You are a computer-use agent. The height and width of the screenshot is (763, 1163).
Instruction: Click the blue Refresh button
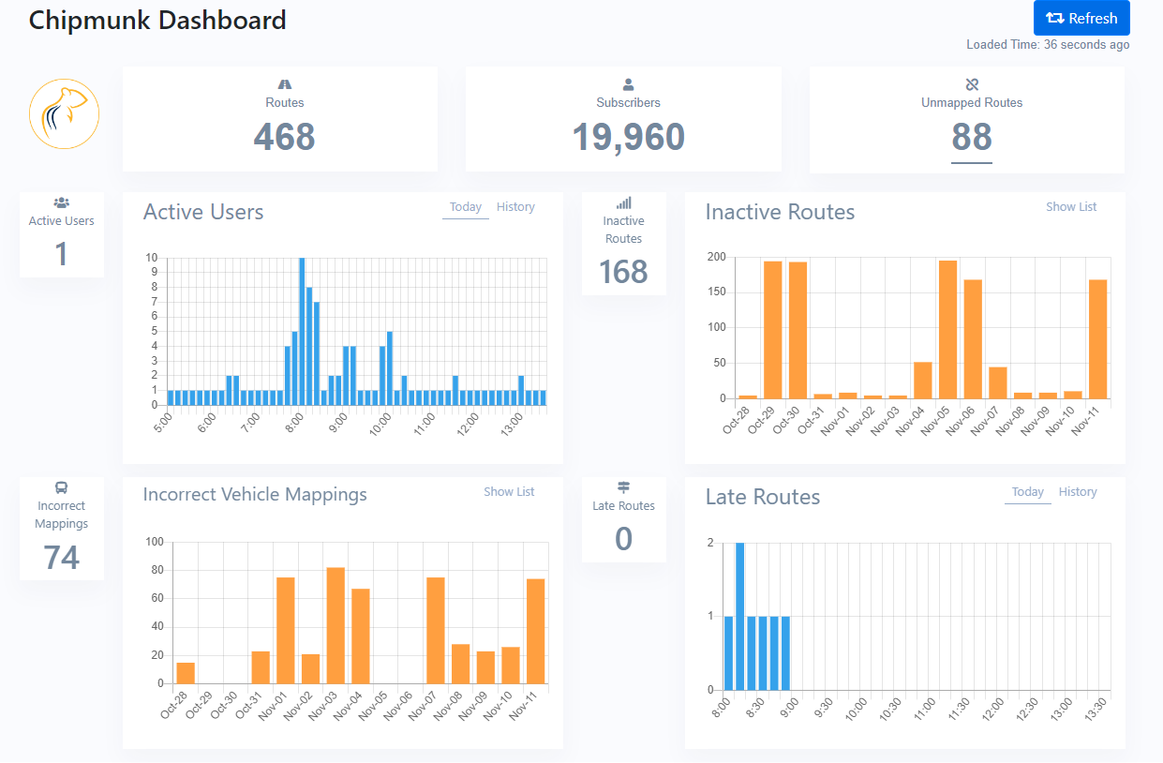(x=1081, y=18)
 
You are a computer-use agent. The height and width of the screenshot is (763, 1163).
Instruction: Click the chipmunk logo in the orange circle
(x=64, y=113)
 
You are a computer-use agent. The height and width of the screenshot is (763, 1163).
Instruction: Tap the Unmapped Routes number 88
(x=971, y=138)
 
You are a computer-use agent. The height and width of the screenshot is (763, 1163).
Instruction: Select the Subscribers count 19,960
(x=628, y=138)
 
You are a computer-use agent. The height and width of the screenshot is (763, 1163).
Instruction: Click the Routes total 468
(x=284, y=138)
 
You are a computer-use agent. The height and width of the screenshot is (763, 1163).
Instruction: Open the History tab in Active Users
(x=515, y=207)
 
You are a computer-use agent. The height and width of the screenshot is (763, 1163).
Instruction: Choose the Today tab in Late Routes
(x=1027, y=492)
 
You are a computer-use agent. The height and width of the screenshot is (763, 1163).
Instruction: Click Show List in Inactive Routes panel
(x=1070, y=207)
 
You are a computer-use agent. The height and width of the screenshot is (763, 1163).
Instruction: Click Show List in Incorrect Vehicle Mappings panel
(x=509, y=492)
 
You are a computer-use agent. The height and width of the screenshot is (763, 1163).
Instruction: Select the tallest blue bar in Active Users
(x=302, y=331)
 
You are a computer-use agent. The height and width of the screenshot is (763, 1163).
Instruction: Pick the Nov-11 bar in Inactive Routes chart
(x=1097, y=339)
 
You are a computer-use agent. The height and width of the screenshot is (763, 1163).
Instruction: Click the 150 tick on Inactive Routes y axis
(x=716, y=292)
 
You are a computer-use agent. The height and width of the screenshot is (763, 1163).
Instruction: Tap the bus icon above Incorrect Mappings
(x=62, y=487)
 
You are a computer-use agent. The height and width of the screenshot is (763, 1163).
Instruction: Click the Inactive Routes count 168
(x=623, y=272)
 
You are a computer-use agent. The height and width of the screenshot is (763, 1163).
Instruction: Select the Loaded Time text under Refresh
(x=1047, y=45)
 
